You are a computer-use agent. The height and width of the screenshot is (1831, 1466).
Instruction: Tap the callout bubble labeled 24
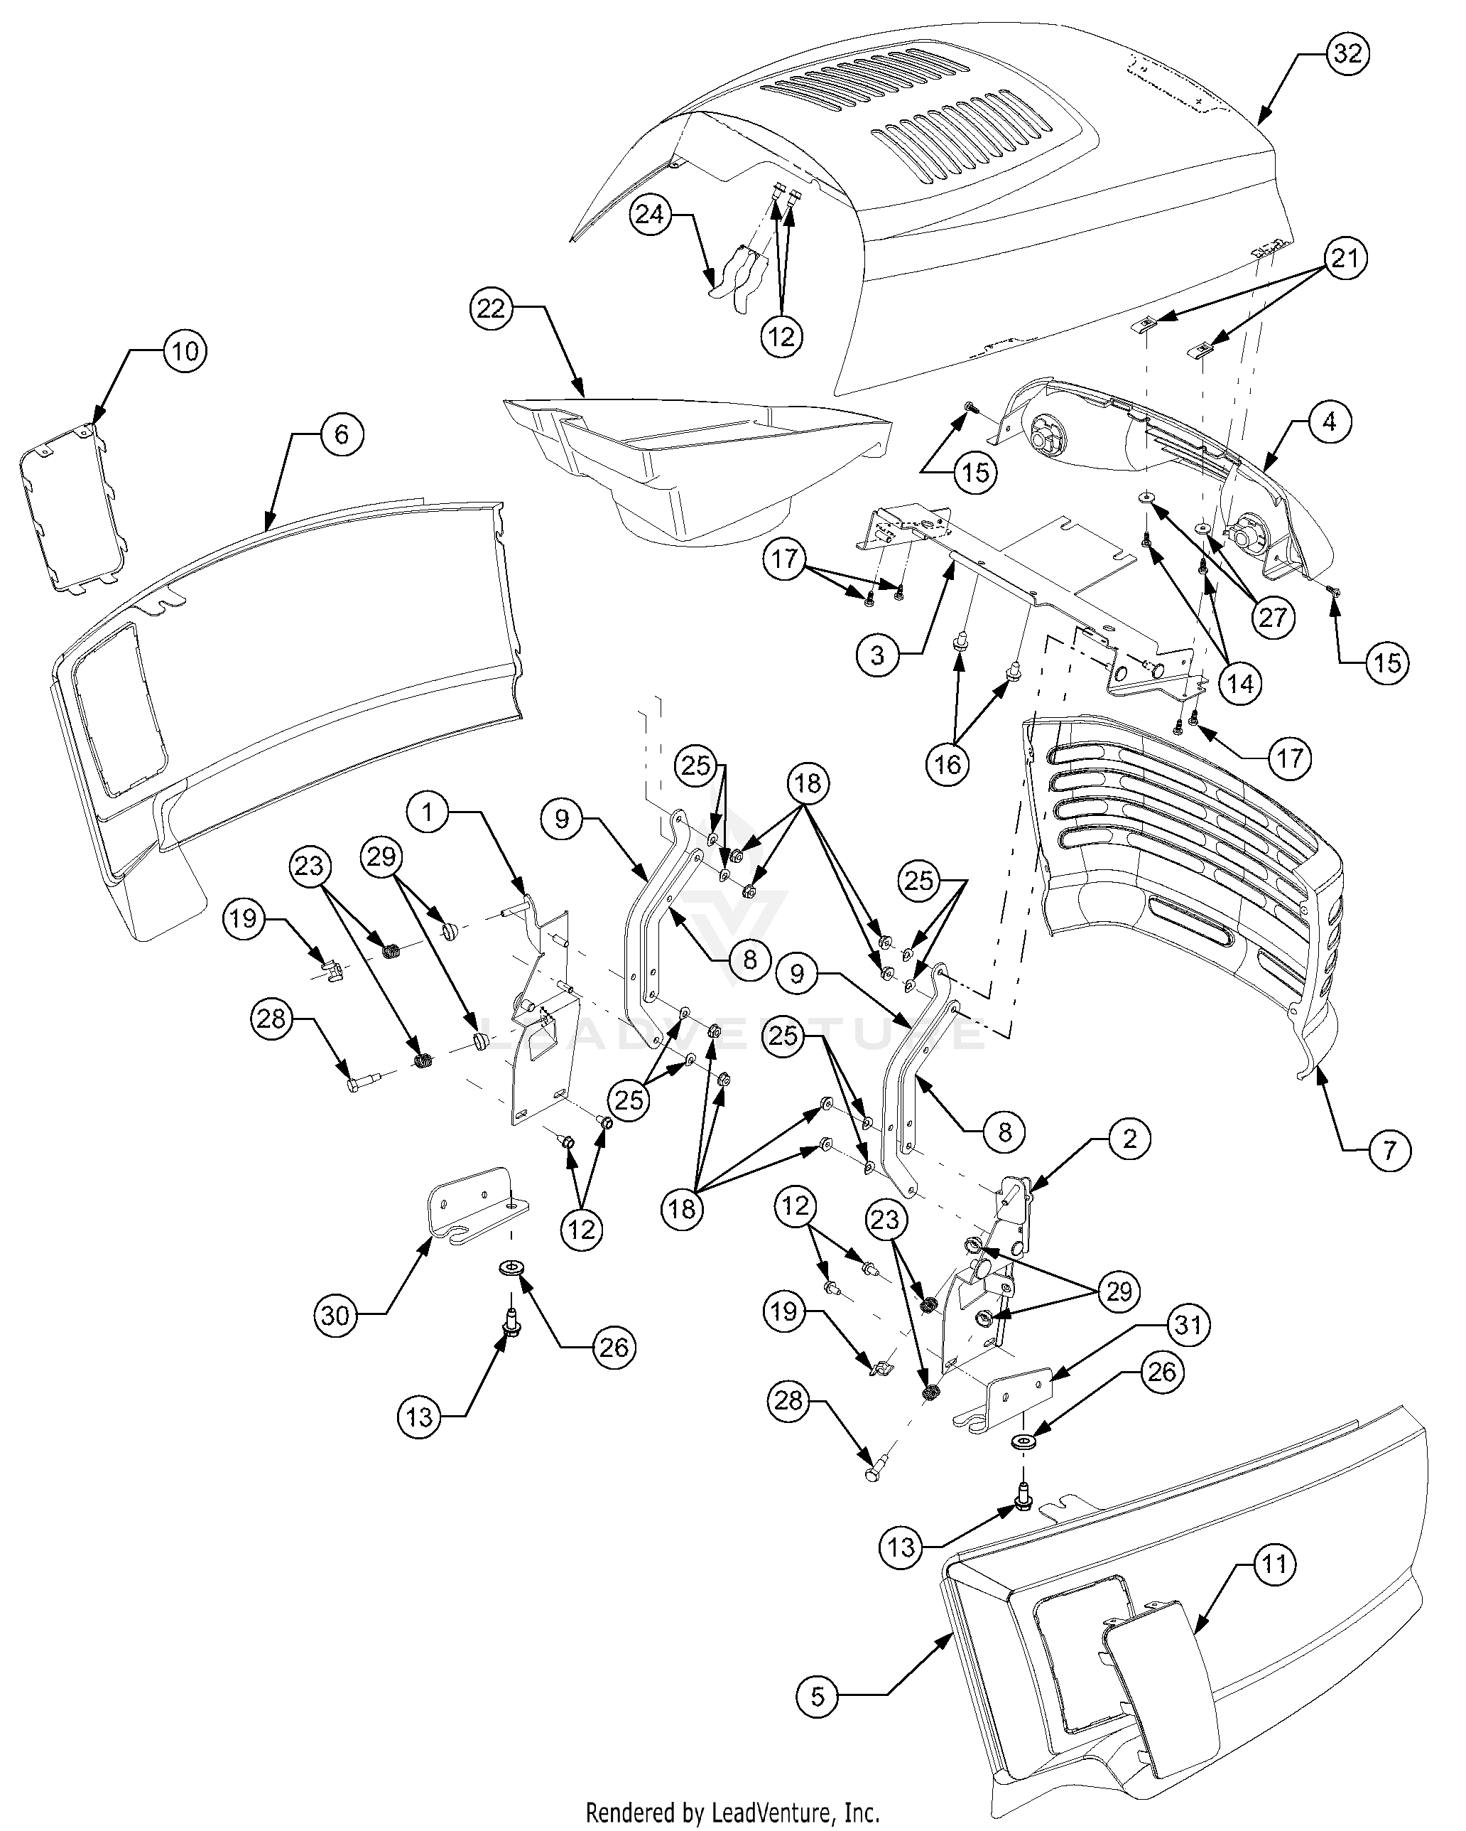(x=649, y=214)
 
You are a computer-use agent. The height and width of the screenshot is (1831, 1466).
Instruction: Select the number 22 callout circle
(x=492, y=309)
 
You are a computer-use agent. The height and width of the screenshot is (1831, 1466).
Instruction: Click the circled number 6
(x=341, y=435)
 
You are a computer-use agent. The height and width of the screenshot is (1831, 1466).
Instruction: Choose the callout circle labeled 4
(x=1328, y=422)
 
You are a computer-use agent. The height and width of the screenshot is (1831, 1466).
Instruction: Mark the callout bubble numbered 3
(x=877, y=655)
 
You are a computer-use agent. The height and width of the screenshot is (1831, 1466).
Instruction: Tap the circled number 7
(x=1389, y=1151)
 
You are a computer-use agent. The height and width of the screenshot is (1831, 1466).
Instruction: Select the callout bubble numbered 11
(x=1274, y=1564)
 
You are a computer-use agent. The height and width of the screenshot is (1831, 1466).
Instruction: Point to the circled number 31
(x=1188, y=1324)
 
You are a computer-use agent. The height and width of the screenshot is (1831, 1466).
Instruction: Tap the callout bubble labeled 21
(x=1344, y=259)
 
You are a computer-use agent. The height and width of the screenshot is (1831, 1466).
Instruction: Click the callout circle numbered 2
(x=1129, y=1138)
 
